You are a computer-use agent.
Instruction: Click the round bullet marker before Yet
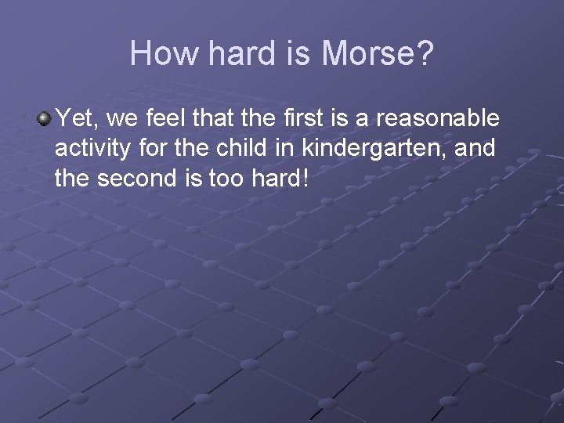pos(44,119)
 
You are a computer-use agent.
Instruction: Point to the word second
pos(136,179)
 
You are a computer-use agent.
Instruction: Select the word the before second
pos(74,179)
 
